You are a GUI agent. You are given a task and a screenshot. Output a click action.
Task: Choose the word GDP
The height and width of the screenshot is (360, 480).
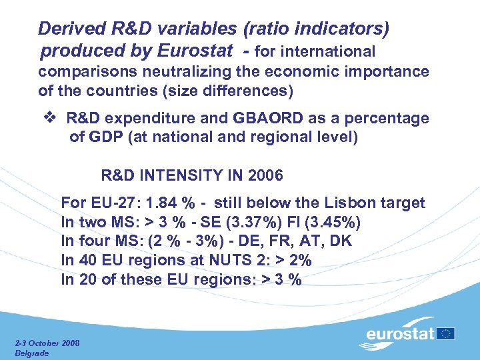[x=106, y=138]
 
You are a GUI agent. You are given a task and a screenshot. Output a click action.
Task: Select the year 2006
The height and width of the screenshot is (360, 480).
[x=265, y=176]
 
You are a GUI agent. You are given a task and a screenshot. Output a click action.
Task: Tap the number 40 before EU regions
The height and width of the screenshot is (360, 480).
[x=87, y=261]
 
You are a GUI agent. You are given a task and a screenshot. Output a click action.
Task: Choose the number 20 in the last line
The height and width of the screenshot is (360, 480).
[x=87, y=280]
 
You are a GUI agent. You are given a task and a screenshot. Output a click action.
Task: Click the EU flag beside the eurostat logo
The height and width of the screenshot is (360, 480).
[x=447, y=333]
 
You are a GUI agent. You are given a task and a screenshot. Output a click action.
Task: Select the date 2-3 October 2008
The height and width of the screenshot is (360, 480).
[x=47, y=343]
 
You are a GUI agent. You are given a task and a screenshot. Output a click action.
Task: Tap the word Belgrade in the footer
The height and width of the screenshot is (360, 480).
[x=31, y=353]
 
